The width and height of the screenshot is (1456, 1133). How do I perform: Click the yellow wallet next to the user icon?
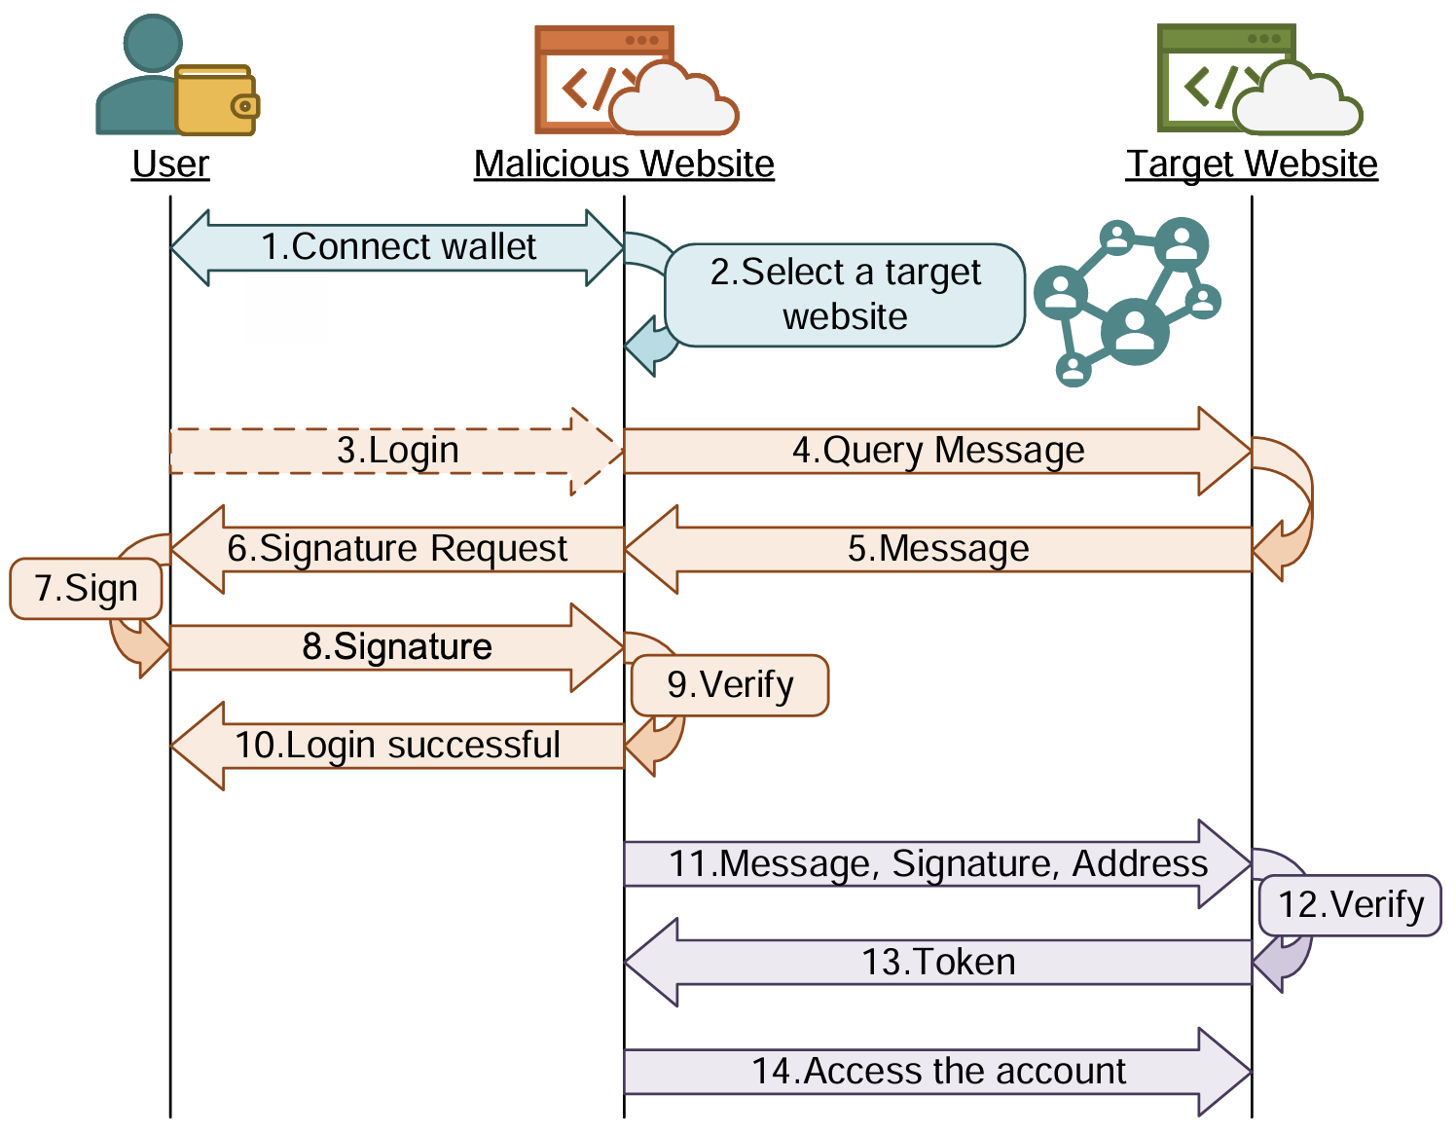216,100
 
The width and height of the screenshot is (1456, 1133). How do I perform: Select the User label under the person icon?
170,164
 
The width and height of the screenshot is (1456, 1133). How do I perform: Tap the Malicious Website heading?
624,164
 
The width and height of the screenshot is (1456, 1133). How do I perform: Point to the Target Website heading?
1252,164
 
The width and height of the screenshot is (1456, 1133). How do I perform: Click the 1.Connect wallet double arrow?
397,247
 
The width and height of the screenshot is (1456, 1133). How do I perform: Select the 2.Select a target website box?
845,295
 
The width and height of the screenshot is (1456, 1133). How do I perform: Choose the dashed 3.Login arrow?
397,451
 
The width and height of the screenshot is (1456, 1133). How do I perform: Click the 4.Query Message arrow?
937,451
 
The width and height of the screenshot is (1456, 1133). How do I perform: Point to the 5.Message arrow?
937,549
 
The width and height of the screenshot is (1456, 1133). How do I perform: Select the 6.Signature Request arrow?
397,549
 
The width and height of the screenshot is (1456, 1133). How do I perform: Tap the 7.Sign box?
86,589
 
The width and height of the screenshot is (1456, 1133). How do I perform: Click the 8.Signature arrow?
397,647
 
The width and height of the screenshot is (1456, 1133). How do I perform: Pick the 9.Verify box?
730,685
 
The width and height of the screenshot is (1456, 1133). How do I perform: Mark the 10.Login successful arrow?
397,746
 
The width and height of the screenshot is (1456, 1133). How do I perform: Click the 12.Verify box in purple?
1350,905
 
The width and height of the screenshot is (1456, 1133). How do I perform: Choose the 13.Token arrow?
937,963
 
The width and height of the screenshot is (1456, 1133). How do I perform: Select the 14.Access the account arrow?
937,1072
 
